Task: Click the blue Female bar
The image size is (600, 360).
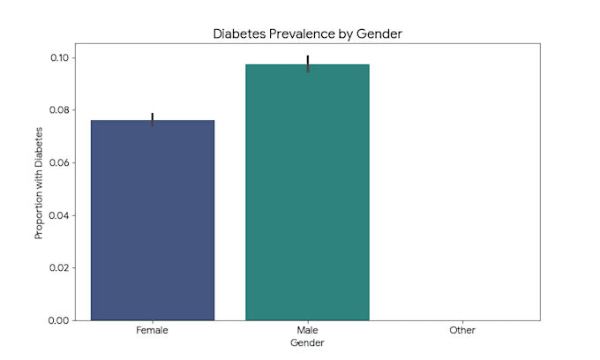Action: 153,220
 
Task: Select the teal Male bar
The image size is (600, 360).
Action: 307,192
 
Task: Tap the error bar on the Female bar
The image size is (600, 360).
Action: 153,119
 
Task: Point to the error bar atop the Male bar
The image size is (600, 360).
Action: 308,64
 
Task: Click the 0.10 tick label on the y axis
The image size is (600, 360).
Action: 59,57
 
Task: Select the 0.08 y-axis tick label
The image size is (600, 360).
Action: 59,110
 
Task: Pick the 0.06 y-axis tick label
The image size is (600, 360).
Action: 59,163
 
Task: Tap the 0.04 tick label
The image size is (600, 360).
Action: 59,215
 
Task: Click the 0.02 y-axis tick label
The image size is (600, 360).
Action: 59,268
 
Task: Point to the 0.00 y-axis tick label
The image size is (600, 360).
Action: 58,320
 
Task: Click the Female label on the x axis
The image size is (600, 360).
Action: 152,330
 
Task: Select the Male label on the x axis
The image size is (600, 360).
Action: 307,330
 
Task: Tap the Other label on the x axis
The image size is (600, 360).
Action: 462,330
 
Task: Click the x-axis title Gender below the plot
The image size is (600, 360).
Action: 307,342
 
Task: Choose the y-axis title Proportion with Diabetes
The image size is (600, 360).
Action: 39,184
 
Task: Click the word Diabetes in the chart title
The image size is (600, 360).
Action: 239,34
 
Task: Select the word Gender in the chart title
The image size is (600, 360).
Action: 379,34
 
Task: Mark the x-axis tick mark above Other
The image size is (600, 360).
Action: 462,322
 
